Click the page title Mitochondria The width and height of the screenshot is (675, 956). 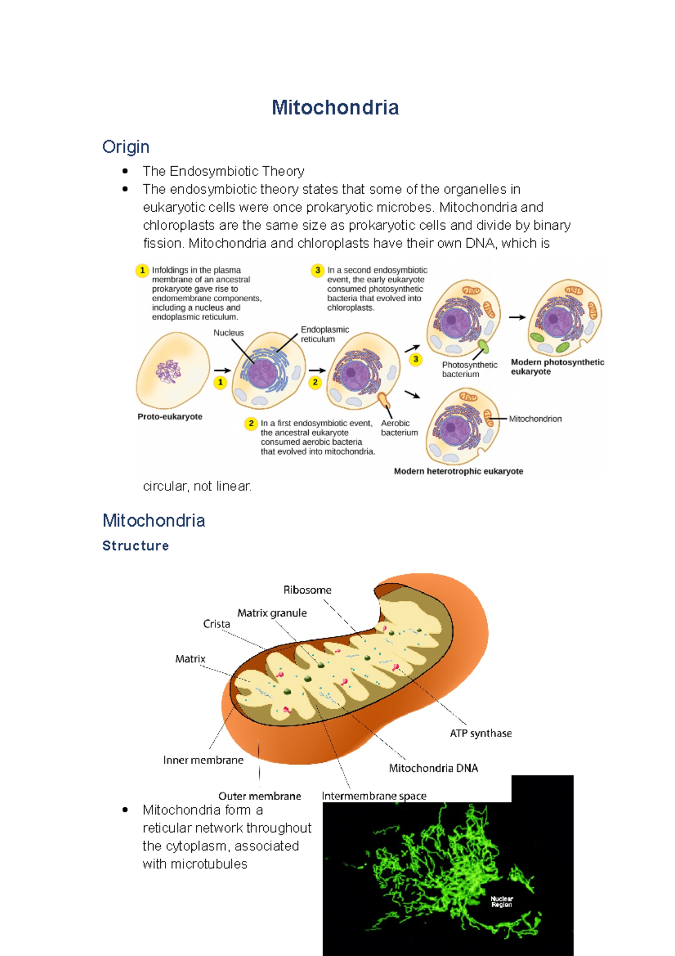coord(335,108)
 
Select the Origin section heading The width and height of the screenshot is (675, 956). coord(125,147)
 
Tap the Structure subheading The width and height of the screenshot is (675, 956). coord(136,546)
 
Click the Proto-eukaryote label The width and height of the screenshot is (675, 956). coord(170,417)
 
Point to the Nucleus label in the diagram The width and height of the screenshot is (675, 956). coord(228,333)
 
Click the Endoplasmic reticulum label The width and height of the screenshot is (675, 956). coord(325,334)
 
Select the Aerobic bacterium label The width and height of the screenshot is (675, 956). coord(399,428)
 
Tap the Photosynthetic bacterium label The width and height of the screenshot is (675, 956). coord(469,369)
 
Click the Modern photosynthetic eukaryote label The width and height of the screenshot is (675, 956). coord(557,367)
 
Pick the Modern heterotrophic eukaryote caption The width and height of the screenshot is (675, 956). coord(458,471)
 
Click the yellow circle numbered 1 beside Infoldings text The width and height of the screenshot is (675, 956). coord(142,270)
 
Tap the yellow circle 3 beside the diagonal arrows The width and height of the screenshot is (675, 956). coord(416,359)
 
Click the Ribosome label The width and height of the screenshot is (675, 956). coord(307,590)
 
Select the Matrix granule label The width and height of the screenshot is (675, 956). coord(272,613)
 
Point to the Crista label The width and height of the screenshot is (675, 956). coord(217,624)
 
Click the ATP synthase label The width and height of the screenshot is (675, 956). coord(480,733)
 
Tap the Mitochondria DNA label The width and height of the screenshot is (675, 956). coord(433,768)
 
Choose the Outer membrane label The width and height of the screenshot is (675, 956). coord(259,796)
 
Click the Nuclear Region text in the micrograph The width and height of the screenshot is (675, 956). coord(501,901)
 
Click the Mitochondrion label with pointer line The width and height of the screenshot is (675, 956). coord(535,419)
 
